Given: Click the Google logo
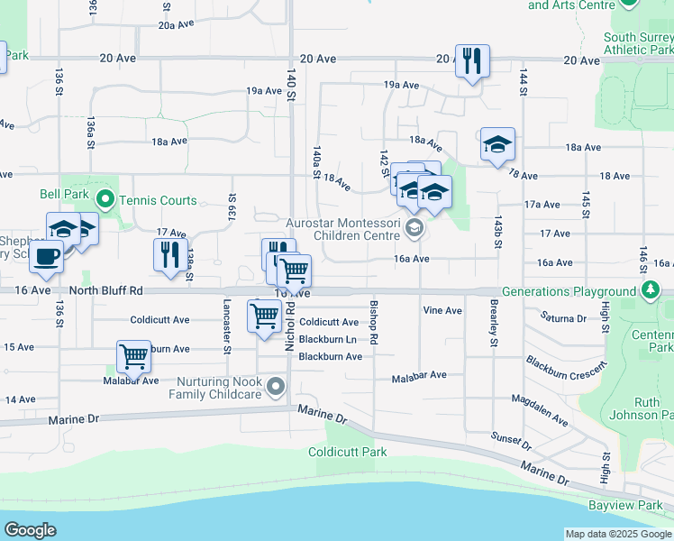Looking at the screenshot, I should pos(31,530).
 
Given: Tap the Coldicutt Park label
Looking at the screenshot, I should pos(348,452).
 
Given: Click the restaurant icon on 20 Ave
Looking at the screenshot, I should pos(472,61).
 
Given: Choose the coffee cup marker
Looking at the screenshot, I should pos(46,256).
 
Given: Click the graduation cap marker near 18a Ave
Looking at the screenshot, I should pos(496,144).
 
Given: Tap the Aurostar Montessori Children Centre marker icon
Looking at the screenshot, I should pos(414,227).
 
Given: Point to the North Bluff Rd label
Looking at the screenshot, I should pos(106,291).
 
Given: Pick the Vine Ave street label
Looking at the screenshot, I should pos(442,310).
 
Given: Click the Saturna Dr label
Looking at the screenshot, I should pos(563,317).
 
